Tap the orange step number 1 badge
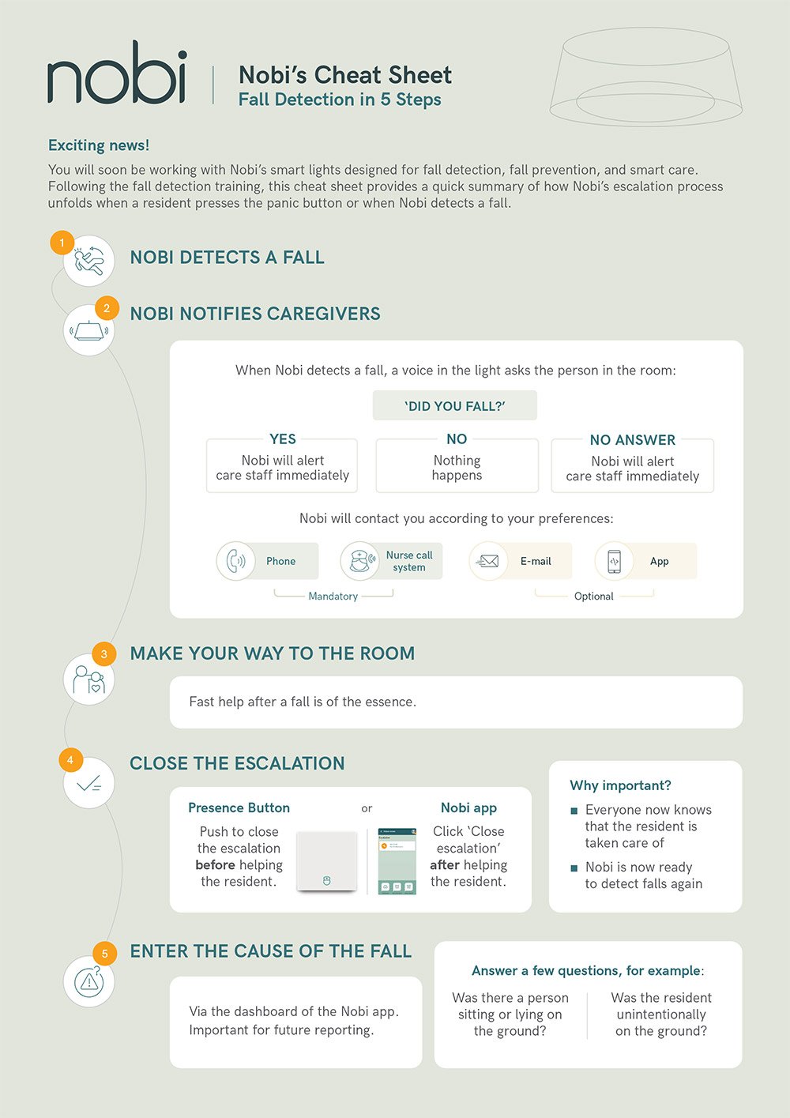tap(62, 243)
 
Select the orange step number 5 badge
tap(104, 954)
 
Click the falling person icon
tap(88, 261)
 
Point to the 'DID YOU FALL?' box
tap(454, 405)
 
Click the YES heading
tap(283, 439)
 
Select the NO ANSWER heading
tap(632, 440)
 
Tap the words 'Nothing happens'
tap(457, 468)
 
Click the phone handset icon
tap(235, 561)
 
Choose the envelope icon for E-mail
tap(487, 562)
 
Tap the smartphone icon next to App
tap(614, 562)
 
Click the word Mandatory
tap(333, 596)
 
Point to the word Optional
tap(593, 596)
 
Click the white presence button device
tap(326, 860)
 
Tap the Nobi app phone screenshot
tap(397, 861)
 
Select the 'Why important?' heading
tap(620, 785)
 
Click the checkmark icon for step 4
tap(88, 784)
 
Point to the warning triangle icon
tap(88, 982)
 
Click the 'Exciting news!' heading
tap(98, 145)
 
